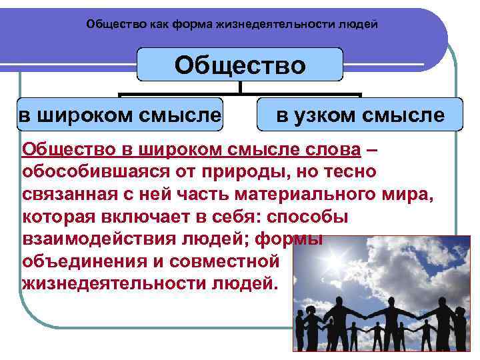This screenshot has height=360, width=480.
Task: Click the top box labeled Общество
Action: click(x=240, y=65)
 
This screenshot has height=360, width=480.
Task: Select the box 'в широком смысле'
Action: click(x=120, y=115)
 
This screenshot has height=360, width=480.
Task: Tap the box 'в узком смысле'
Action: click(x=360, y=115)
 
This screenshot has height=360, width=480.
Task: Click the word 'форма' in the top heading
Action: click(x=191, y=25)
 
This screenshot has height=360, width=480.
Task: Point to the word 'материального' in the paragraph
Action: click(x=303, y=195)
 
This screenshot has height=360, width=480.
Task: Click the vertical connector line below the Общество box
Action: click(x=240, y=87)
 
